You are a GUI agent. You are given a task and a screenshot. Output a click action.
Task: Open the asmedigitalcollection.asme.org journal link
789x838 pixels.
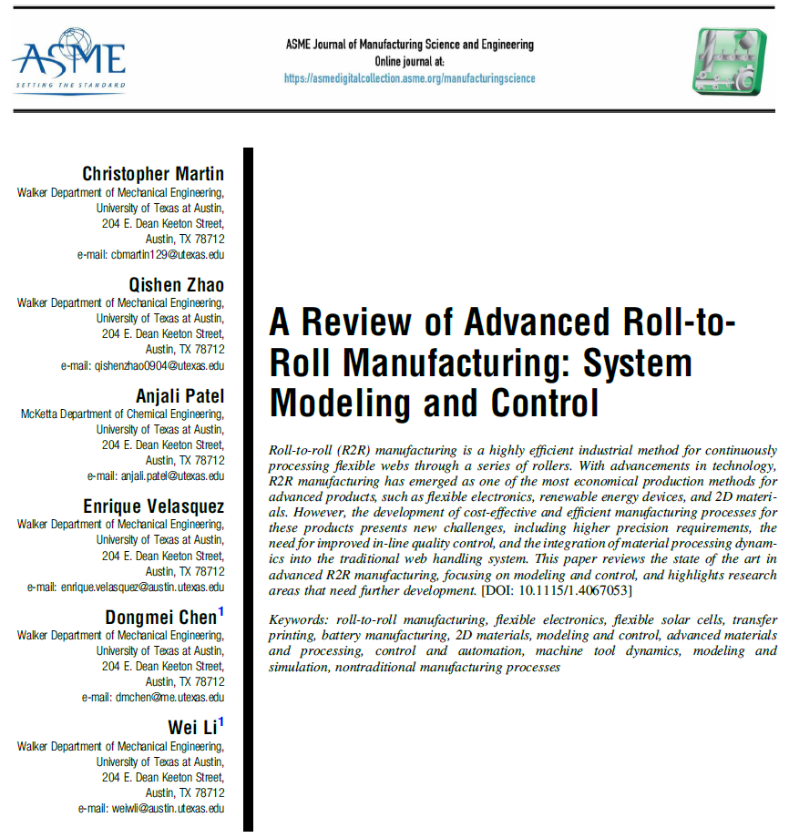tap(409, 78)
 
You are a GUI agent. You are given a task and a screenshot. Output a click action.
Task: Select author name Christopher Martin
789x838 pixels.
tap(153, 173)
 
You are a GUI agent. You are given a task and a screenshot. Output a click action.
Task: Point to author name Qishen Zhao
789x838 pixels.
tap(177, 284)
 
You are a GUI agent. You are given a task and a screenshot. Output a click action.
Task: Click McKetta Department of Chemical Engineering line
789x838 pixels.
tap(122, 414)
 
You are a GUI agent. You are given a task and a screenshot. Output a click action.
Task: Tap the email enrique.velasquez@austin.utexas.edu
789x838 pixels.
tap(126, 588)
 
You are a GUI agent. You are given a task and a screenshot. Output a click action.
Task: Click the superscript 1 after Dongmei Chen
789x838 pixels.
tap(221, 611)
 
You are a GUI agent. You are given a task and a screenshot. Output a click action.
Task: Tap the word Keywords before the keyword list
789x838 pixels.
tap(300, 595)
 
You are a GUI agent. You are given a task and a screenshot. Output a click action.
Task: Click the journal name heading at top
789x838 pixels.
tap(409, 45)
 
